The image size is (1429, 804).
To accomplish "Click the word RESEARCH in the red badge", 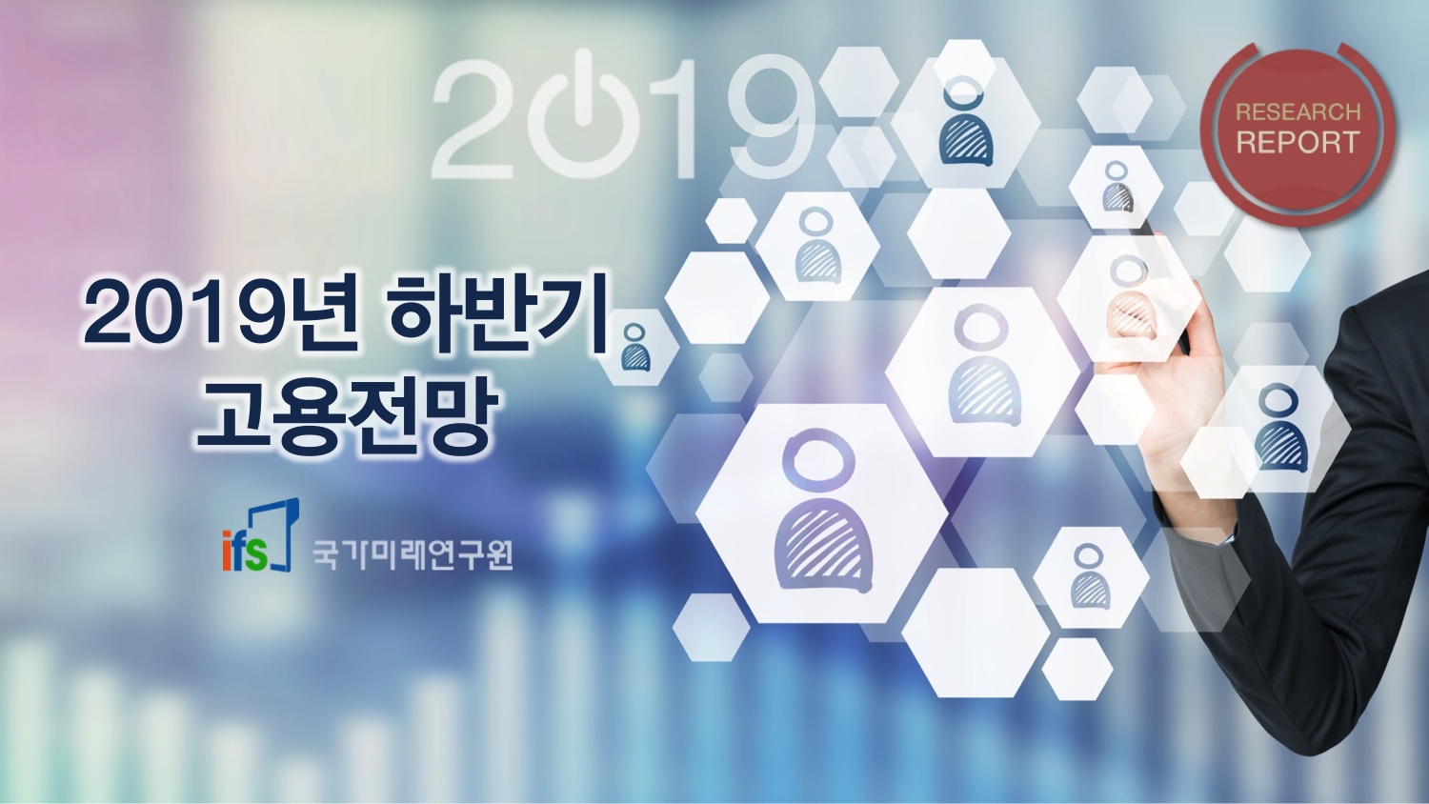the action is click(x=1298, y=112).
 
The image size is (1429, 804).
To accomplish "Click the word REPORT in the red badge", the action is click(x=1298, y=142).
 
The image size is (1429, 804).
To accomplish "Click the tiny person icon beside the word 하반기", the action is click(x=635, y=347).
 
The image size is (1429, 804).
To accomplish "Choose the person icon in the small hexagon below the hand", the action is click(x=1090, y=577).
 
